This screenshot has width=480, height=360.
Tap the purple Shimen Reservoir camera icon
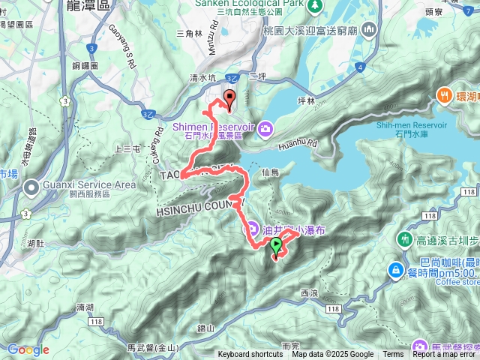coord(266,130)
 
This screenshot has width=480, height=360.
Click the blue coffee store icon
coord(395,269)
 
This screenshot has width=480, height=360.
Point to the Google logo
coord(28,349)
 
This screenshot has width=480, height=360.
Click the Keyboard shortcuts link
coord(250,355)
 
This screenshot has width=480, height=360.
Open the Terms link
coord(393,355)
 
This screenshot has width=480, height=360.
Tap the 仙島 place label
coord(271,172)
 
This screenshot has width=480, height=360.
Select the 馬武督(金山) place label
coord(152,347)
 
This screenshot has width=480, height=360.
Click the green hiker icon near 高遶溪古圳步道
coord(406,239)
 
